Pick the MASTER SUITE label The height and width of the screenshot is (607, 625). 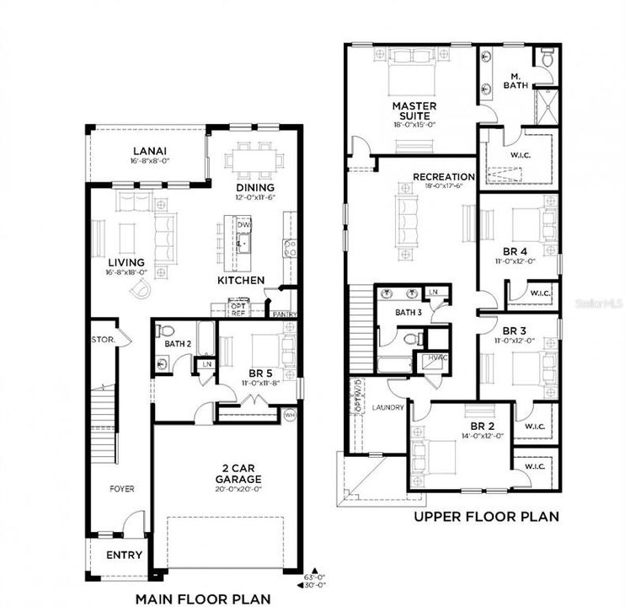[414, 111]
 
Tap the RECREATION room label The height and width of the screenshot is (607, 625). [443, 176]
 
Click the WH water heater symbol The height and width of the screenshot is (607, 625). [291, 414]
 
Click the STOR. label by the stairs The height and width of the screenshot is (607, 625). [104, 340]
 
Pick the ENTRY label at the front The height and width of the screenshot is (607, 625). [121, 556]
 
